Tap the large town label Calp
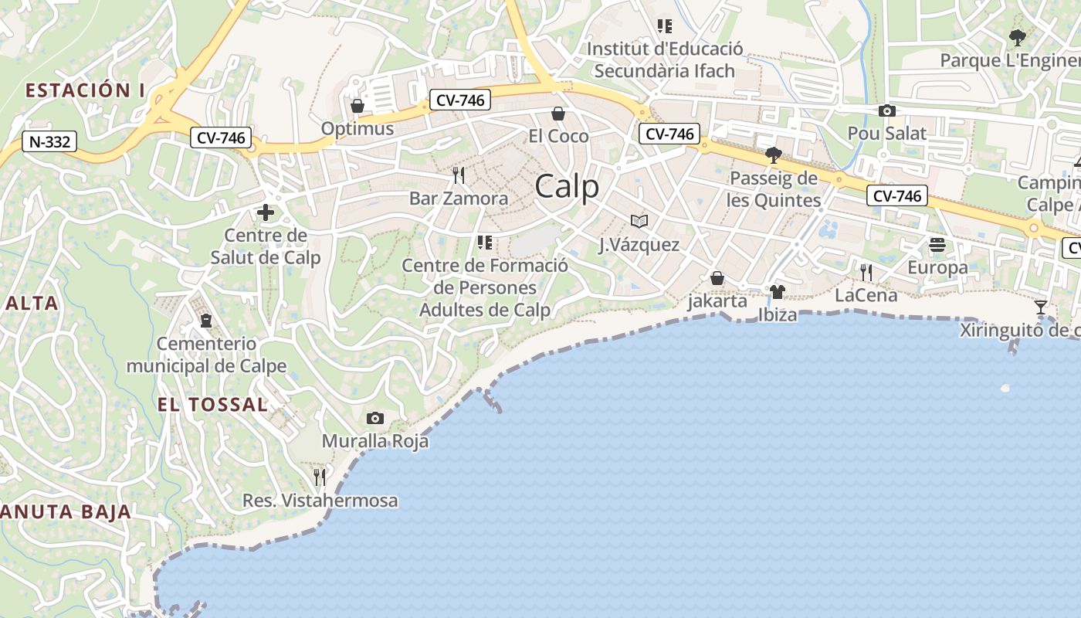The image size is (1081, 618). (x=567, y=187)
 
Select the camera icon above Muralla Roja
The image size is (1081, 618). (x=375, y=419)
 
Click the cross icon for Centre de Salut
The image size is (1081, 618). (x=266, y=212)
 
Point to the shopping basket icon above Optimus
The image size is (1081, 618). (x=358, y=106)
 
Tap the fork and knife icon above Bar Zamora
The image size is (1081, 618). (x=459, y=175)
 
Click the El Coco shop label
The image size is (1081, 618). (x=558, y=136)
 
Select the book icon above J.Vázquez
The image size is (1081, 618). (x=639, y=221)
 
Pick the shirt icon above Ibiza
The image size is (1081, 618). (x=777, y=292)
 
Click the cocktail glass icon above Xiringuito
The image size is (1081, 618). (x=1041, y=307)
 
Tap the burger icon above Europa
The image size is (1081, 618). (x=937, y=245)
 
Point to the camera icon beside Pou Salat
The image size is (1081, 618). (x=887, y=111)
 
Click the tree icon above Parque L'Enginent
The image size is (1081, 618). (x=1018, y=37)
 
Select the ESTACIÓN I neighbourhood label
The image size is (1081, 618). (x=85, y=90)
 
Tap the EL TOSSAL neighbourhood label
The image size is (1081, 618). (x=212, y=404)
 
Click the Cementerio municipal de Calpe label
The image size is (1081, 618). (x=206, y=355)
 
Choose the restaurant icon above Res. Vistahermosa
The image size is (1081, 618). (x=320, y=477)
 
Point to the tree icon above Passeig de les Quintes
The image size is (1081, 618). (x=773, y=155)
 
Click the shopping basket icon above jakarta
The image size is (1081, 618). (x=717, y=278)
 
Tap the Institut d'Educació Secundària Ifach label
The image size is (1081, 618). (x=665, y=59)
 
